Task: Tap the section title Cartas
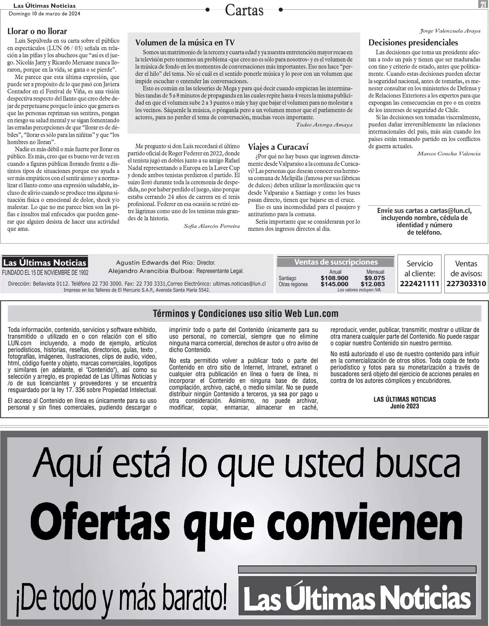(244, 11)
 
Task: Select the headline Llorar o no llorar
(37, 31)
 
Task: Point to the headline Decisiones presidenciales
(413, 43)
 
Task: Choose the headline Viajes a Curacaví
(278, 147)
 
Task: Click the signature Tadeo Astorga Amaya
(324, 125)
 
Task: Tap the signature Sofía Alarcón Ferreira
(211, 226)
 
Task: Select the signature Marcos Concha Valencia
(449, 154)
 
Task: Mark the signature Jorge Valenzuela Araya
(450, 31)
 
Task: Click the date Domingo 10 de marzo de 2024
(44, 14)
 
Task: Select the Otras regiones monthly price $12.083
(373, 284)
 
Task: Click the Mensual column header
(375, 272)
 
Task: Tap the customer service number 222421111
(420, 284)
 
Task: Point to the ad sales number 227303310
(466, 284)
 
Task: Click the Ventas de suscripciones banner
(336, 262)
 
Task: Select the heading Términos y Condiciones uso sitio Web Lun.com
(245, 314)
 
